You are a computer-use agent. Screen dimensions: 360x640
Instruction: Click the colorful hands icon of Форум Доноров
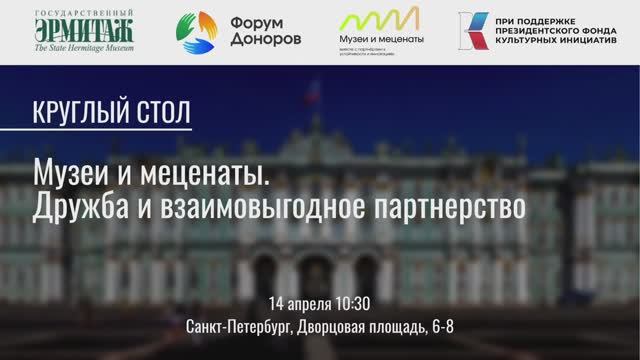click(198, 32)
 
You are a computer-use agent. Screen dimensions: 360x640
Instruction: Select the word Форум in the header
click(258, 21)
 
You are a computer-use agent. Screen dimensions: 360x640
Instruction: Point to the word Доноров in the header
click(266, 40)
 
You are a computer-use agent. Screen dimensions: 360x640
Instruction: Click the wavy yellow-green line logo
click(379, 20)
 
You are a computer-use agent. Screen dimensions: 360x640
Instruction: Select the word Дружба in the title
click(77, 207)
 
